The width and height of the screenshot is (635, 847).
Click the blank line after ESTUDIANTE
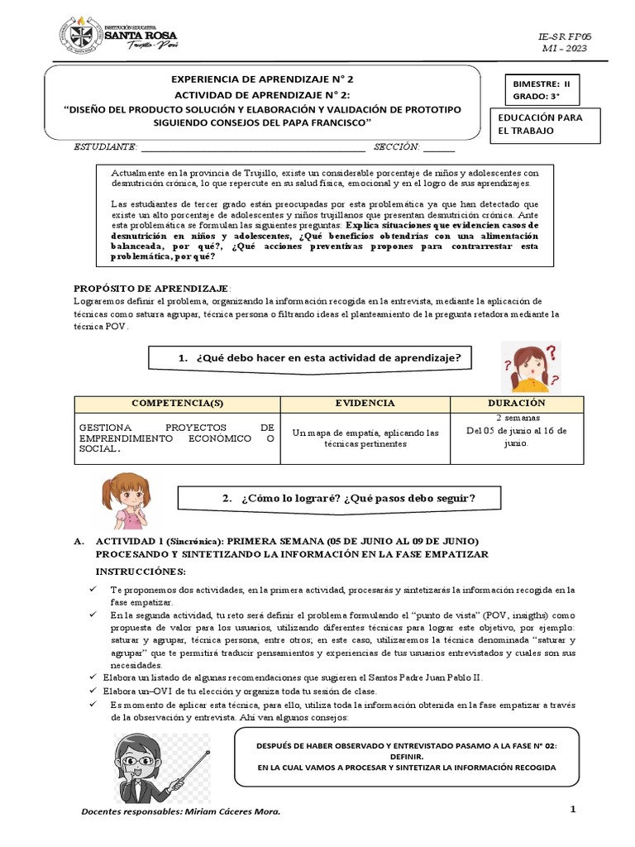tap(252, 147)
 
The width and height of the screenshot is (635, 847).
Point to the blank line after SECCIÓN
tap(439, 147)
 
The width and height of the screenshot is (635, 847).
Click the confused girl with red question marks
tap(529, 366)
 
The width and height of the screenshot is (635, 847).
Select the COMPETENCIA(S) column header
tap(177, 403)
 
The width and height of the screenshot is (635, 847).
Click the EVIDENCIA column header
tap(365, 403)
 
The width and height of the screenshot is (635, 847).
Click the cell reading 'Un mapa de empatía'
tap(365, 438)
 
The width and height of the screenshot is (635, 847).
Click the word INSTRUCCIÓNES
tap(141, 572)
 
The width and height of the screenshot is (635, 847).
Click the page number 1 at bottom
tap(571, 810)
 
